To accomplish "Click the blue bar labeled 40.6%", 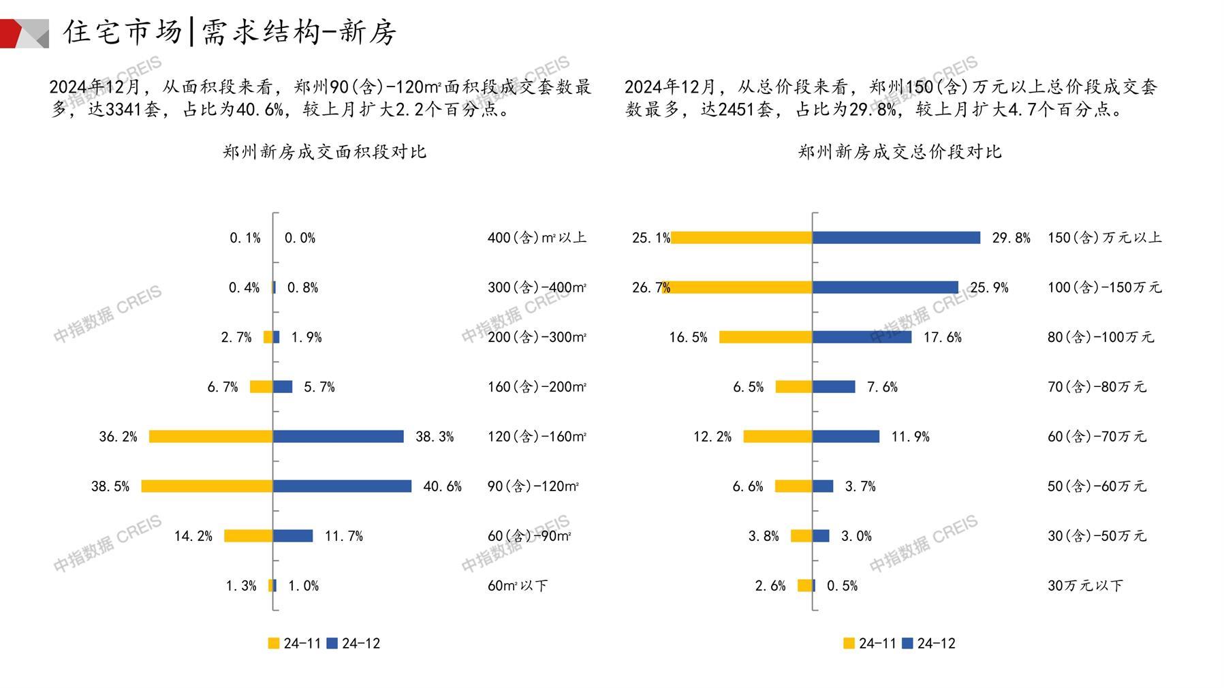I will coord(342,486).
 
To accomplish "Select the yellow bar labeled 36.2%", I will coord(210,436).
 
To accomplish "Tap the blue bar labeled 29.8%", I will coord(896,237).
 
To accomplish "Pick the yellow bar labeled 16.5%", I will coord(766,337).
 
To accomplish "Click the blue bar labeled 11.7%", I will coord(293,535).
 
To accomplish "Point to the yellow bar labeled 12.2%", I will coord(777,436).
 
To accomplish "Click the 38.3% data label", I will coord(435,437).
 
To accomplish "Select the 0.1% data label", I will coord(245,238).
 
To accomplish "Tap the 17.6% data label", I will coord(942,337).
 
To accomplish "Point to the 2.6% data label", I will coord(770,586).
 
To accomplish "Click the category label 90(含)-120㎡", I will coord(533,486).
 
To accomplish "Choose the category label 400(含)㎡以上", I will coord(537,238).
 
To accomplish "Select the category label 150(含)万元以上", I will coord(1104,238).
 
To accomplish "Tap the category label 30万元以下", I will coord(1085,586).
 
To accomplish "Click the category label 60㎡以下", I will coord(518,586).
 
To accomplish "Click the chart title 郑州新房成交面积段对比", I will coord(324,151).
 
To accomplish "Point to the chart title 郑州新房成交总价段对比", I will coord(900,151).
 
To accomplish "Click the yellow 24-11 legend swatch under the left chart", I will coord(274,643).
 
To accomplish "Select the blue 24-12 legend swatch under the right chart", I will coord(907,643).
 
